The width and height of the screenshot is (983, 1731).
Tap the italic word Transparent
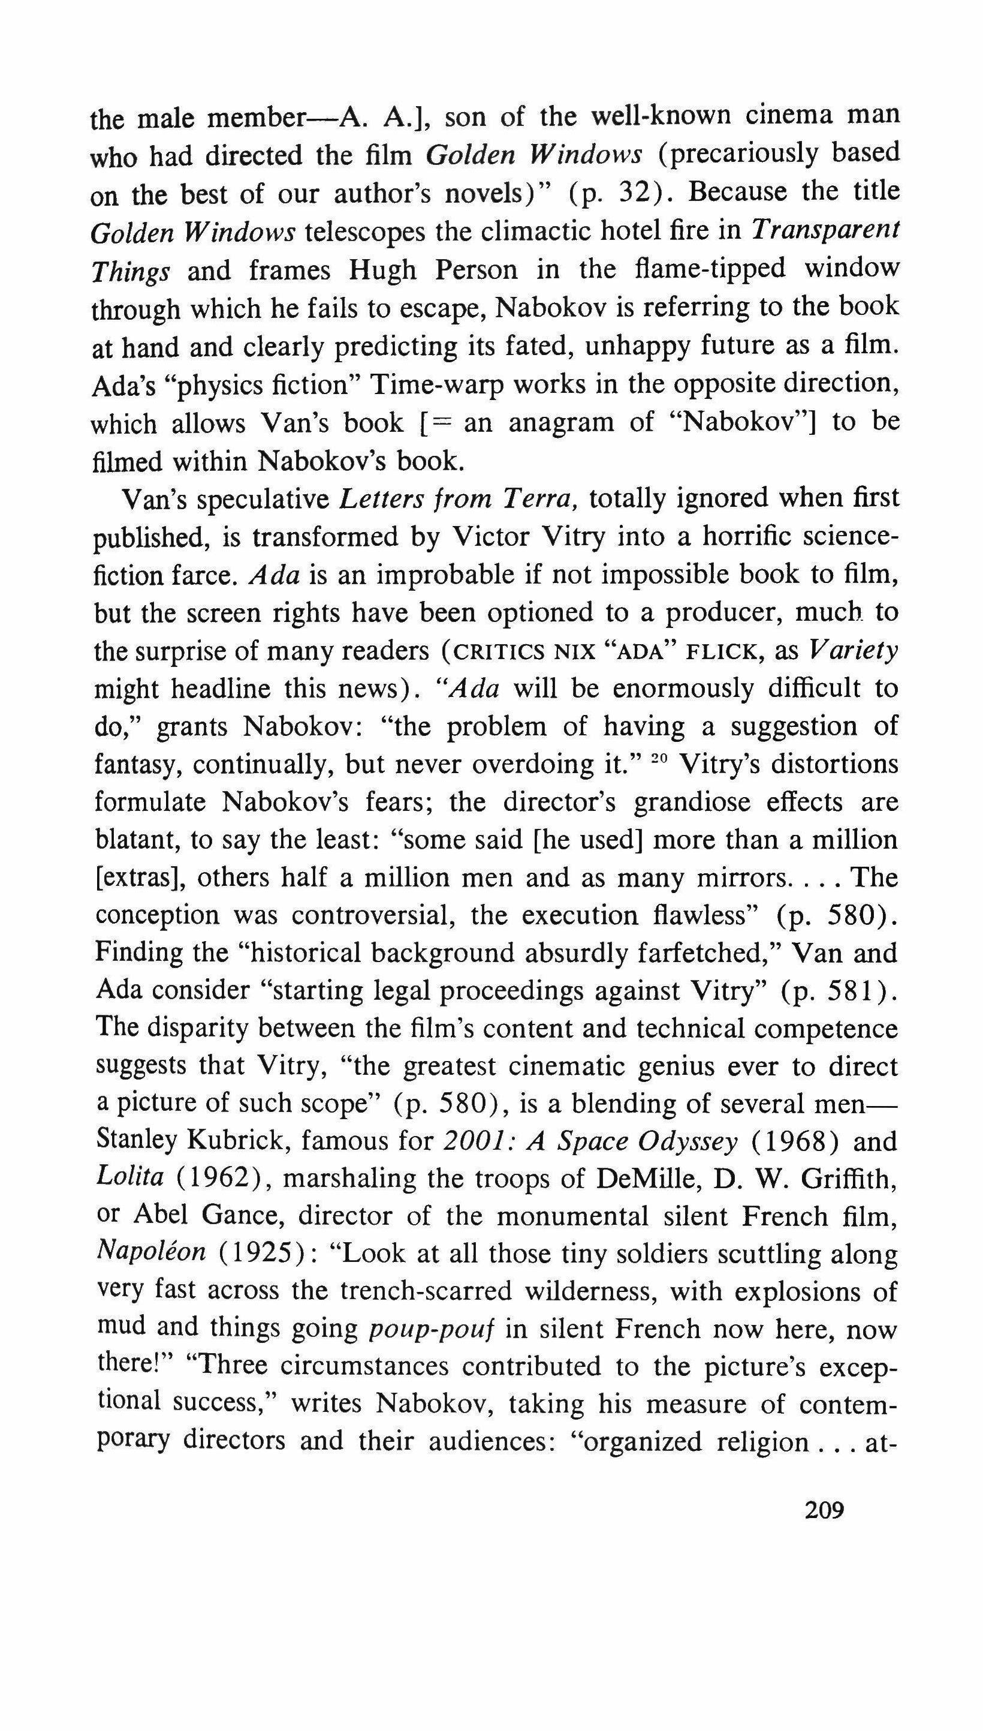coord(824,232)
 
